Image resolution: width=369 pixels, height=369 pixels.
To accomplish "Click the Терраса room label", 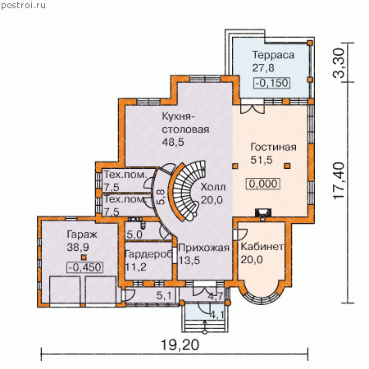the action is click(x=273, y=56).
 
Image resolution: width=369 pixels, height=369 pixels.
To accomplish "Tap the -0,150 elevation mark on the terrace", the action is click(x=272, y=83).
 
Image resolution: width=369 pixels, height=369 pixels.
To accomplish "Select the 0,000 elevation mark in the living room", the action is click(x=263, y=184).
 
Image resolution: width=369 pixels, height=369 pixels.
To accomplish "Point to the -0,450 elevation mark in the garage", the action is click(x=85, y=267).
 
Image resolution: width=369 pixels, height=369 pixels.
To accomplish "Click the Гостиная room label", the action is click(x=273, y=147).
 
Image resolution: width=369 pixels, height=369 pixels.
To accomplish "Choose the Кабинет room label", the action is click(x=262, y=247).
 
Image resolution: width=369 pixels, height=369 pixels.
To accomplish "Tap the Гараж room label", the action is click(x=82, y=235).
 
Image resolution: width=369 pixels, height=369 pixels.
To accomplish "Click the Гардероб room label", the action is click(x=148, y=254).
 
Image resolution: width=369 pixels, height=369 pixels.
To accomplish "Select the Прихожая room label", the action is click(x=203, y=248).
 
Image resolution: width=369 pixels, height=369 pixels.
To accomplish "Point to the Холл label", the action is click(x=213, y=187).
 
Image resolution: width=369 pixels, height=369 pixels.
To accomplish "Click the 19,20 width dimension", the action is click(x=180, y=345).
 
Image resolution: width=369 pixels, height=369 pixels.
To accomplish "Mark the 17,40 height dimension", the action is click(x=339, y=180).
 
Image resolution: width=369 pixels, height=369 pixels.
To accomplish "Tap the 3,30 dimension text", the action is click(x=338, y=63).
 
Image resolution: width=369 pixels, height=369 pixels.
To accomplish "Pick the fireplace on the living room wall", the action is click(x=263, y=213).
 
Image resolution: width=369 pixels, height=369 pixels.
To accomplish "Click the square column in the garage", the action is click(x=84, y=257).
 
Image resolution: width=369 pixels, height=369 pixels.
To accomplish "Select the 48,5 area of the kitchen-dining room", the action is click(x=173, y=142).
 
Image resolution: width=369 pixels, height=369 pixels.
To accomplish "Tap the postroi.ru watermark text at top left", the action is click(x=24, y=5).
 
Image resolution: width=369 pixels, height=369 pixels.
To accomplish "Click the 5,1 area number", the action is click(x=164, y=295).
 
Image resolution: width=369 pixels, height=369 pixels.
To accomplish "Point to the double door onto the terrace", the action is click(x=253, y=107).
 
